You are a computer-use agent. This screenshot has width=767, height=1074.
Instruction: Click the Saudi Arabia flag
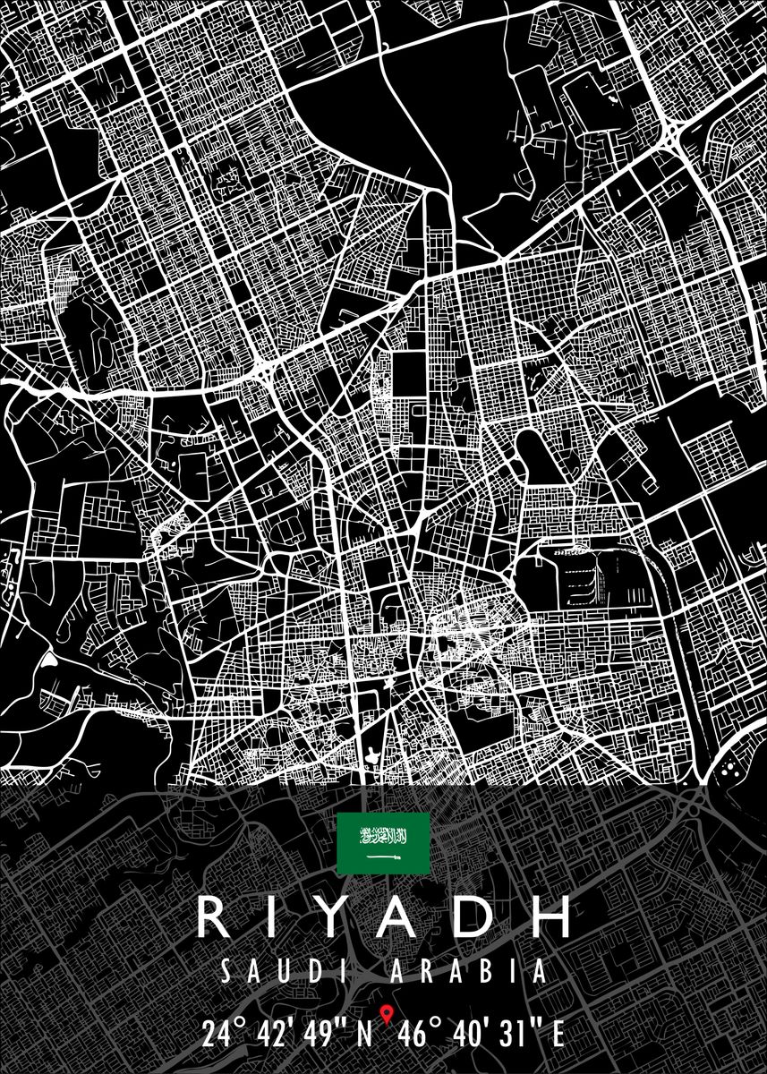tap(383, 844)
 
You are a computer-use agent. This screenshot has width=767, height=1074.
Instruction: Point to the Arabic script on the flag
tap(383, 837)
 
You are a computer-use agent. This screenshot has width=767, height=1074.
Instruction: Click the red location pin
tap(387, 1015)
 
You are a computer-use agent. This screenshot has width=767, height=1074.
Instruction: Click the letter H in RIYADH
tap(548, 919)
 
